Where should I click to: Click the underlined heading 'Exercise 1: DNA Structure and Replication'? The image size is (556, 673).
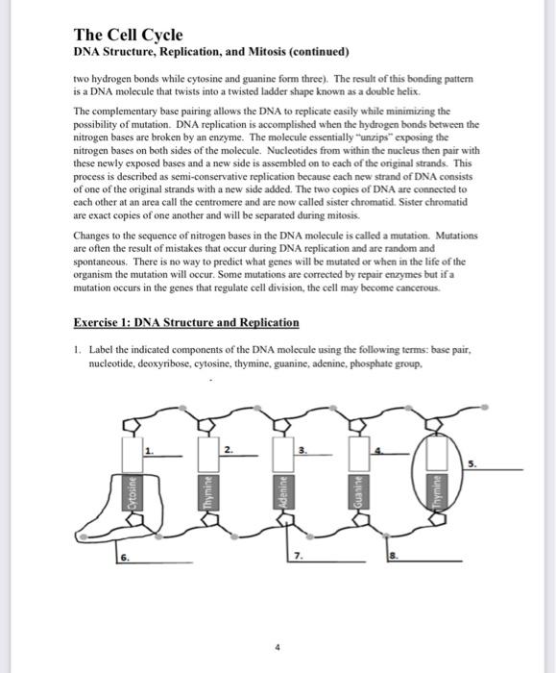186,322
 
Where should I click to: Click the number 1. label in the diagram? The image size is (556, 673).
148,449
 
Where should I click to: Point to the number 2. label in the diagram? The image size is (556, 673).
226,449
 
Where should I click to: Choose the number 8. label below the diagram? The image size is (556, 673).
393,557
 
